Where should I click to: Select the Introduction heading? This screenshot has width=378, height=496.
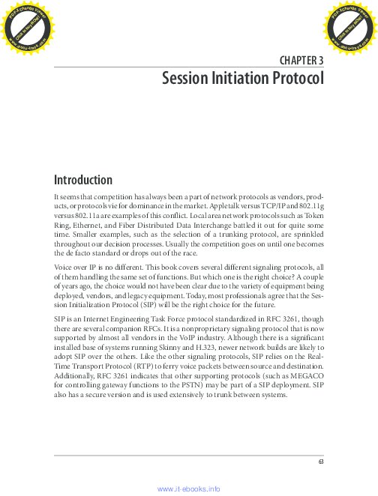click(82, 180)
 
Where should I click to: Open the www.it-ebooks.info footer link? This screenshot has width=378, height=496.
click(188, 489)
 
